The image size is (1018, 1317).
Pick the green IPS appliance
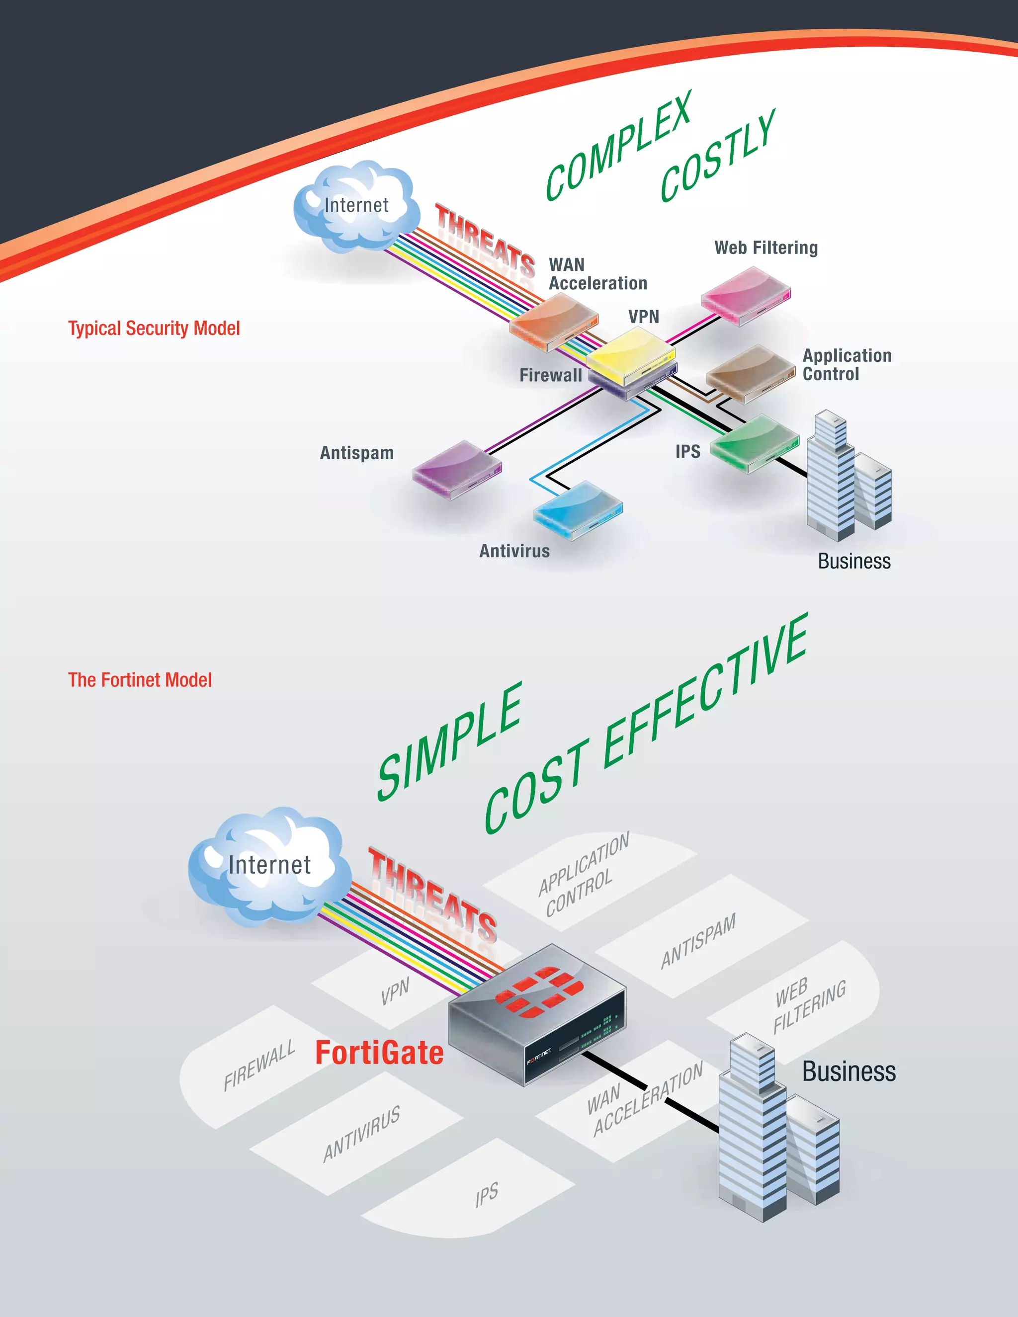755,443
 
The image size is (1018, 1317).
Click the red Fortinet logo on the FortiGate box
539,991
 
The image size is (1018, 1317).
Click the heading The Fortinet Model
140,680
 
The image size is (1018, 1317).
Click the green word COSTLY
718,156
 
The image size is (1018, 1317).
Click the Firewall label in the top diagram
551,375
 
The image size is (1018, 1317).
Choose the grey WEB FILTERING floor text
810,1005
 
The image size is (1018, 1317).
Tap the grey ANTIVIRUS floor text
361,1134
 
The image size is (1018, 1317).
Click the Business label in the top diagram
854,562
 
